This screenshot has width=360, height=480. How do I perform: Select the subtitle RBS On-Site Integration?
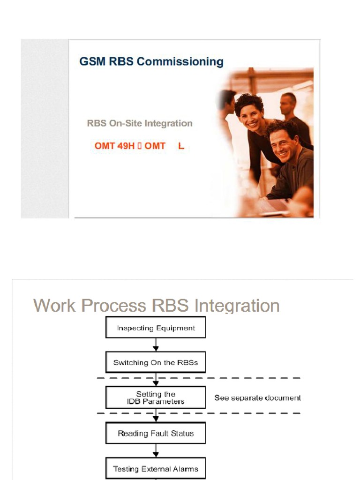140,124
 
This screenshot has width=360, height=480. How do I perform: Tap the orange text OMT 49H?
114,146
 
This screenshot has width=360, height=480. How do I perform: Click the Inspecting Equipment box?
156,328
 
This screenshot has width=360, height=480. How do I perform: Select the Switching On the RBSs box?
156,362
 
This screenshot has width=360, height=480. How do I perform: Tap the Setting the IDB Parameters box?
156,397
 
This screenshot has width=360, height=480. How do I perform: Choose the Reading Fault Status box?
156,434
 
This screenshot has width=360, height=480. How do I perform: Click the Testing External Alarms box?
156,468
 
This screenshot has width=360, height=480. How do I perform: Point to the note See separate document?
257,397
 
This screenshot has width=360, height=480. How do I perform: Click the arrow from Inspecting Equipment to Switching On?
156,345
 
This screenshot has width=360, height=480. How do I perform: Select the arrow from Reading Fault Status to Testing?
156,451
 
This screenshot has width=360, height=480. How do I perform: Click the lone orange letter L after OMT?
181,146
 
